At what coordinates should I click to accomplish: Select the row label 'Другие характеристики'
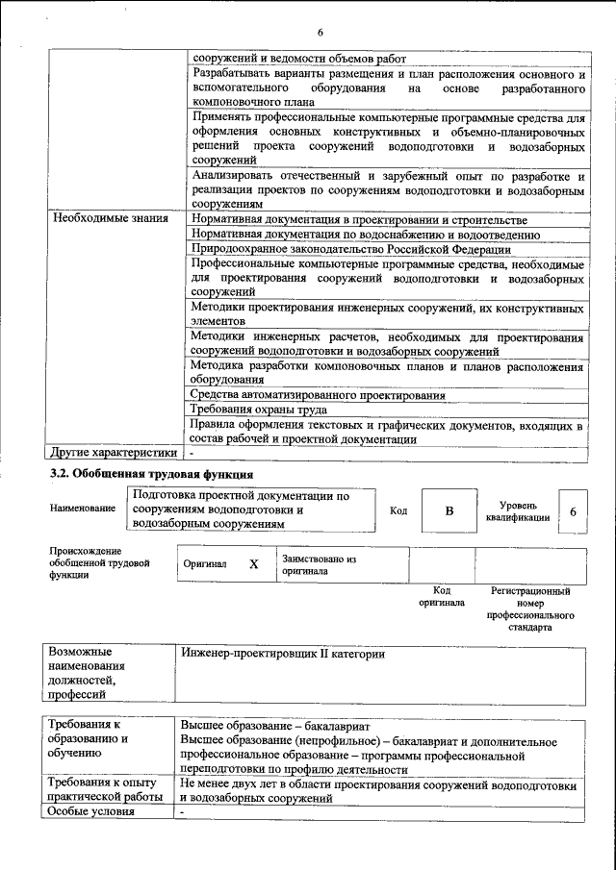point(114,453)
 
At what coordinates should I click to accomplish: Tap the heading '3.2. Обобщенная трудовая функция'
point(151,475)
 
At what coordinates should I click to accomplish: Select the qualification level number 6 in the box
point(573,512)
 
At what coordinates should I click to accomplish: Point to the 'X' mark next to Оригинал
point(253,565)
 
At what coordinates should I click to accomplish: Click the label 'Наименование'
point(83,510)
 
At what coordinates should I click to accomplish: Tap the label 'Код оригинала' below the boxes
point(441,597)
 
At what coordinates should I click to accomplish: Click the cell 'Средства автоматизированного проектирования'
point(317,395)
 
